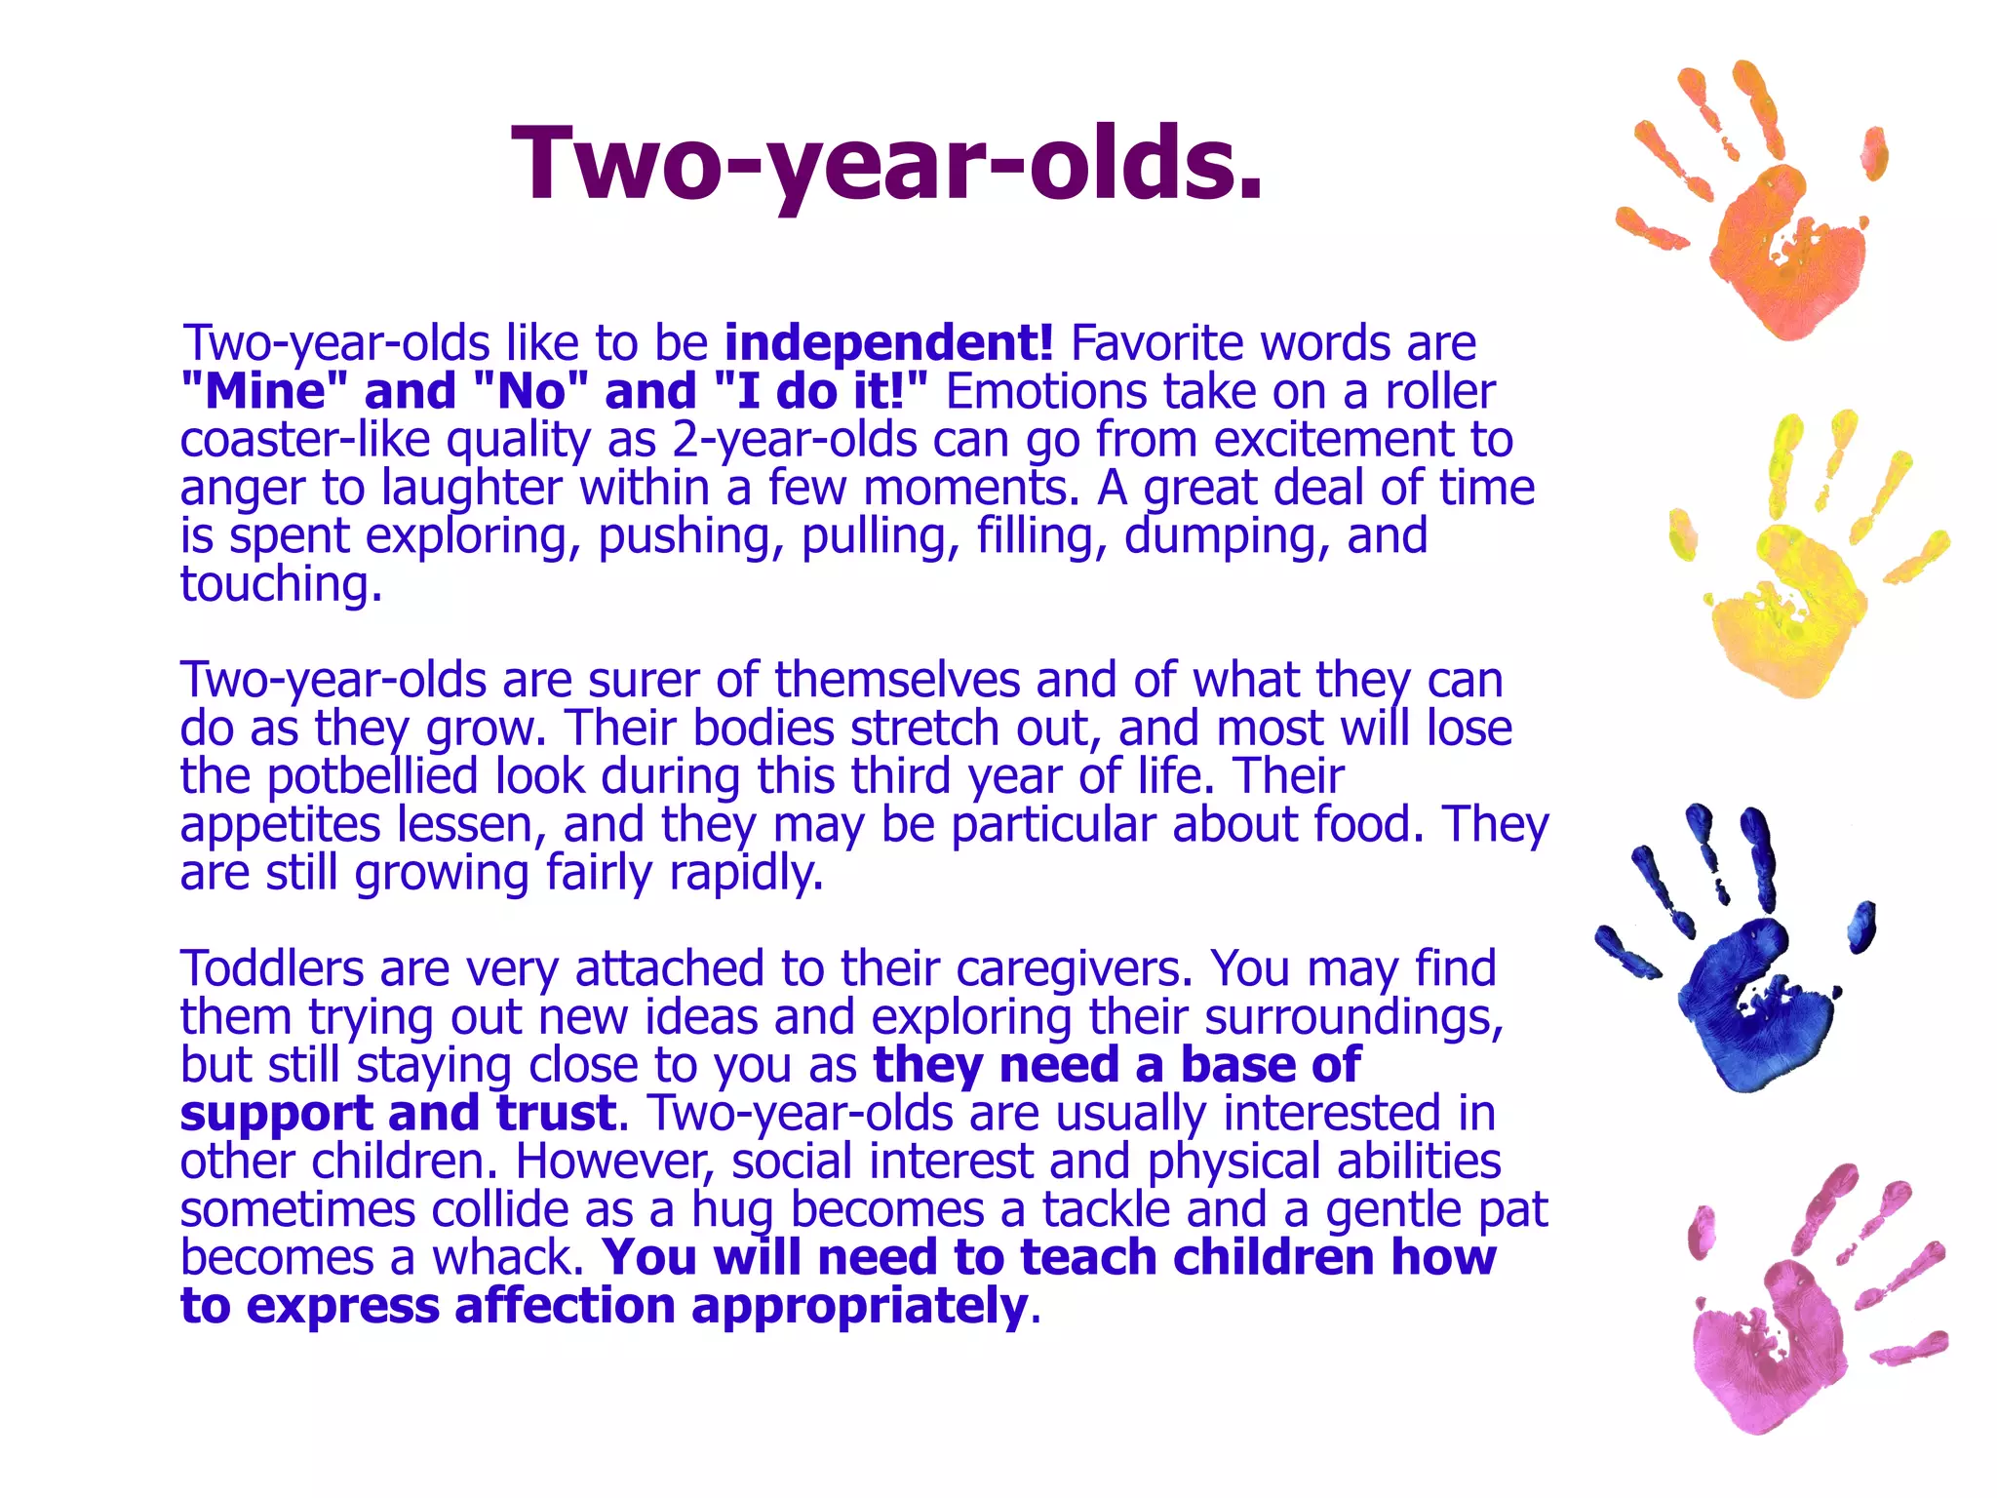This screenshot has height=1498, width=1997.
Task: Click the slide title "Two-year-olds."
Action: tap(887, 164)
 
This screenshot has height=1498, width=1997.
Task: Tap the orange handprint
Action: tap(1775, 244)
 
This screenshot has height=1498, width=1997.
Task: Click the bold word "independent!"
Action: tap(888, 343)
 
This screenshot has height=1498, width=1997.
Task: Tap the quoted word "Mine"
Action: tap(265, 391)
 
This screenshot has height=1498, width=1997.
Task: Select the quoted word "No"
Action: tap(530, 391)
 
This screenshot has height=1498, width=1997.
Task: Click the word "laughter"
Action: tap(472, 488)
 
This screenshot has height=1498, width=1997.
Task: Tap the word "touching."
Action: tap(281, 584)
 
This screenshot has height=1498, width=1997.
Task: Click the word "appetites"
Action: tap(280, 825)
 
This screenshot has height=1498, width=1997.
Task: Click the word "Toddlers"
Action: tap(272, 968)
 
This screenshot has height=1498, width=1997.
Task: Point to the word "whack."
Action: tap(508, 1258)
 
